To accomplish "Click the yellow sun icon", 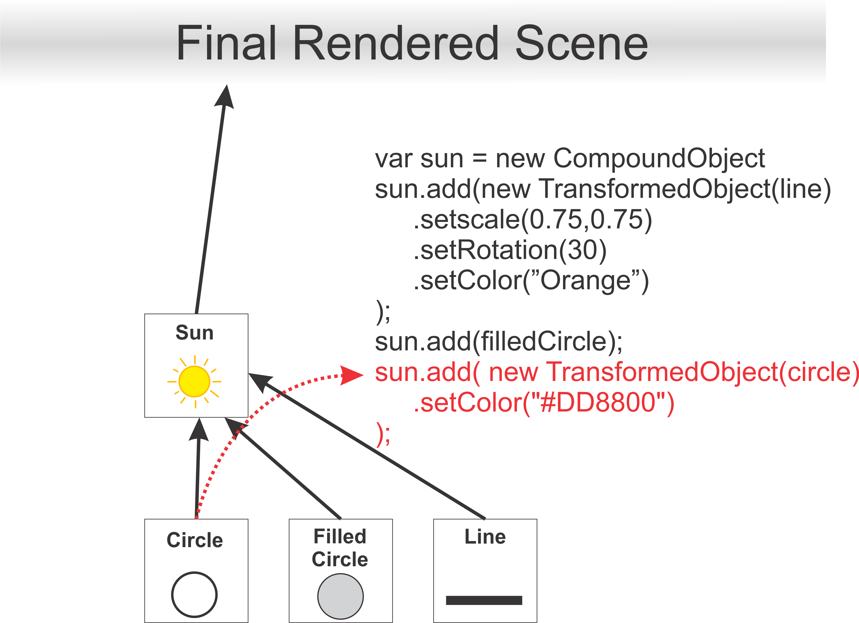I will point(194,381).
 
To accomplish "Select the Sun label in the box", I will point(194,333).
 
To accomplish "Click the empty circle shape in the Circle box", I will point(194,594).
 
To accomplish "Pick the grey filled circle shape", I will point(340,596).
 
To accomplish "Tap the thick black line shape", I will point(484,600).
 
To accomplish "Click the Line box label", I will point(485,536).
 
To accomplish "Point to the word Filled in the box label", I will point(340,536).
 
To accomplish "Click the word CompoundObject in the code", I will point(659,158).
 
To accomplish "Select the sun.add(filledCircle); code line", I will point(498,341).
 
